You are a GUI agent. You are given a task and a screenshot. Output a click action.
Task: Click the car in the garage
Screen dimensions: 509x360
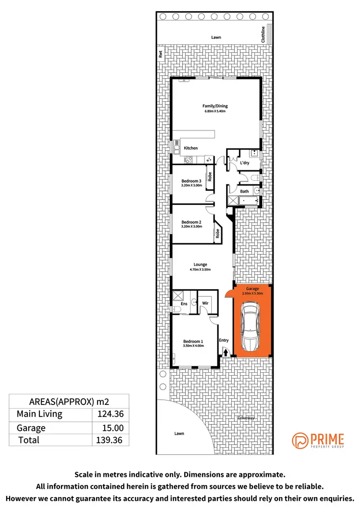point(252,327)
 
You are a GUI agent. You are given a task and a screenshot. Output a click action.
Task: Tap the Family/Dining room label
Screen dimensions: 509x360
point(215,106)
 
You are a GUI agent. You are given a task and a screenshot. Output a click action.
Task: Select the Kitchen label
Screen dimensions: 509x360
point(191,148)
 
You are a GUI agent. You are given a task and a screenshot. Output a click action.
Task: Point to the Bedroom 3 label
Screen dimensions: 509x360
point(191,181)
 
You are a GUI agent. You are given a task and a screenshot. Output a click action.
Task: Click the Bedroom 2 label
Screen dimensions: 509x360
point(191,222)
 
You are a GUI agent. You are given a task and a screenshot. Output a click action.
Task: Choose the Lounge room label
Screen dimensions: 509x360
point(200,264)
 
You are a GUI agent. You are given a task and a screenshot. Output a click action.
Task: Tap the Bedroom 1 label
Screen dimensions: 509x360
point(193,341)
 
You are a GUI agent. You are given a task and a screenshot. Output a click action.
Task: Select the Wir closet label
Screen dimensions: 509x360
point(205,303)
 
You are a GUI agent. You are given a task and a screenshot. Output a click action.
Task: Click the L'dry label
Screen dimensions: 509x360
point(245,163)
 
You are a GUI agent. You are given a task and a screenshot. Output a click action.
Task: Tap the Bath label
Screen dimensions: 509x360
point(244,191)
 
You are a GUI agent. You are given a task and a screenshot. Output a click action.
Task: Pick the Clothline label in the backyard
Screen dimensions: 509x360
point(263,35)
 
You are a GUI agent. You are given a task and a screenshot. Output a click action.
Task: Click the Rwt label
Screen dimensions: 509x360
point(161,54)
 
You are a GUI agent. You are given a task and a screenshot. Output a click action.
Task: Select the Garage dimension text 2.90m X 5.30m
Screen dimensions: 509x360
point(252,294)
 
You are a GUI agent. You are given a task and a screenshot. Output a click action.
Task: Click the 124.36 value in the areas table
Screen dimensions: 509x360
point(111,414)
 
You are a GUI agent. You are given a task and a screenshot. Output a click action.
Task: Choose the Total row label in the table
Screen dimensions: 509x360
point(29,440)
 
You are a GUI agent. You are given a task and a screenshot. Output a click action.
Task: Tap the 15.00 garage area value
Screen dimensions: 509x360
point(111,428)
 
